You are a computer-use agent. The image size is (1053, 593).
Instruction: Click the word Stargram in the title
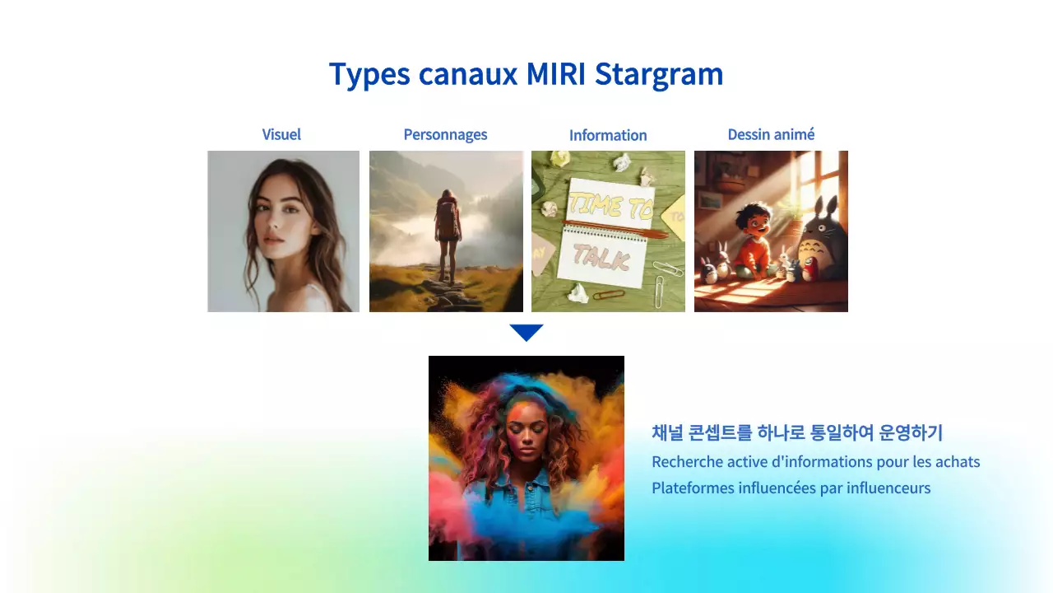point(659,75)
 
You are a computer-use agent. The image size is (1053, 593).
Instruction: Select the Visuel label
point(281,134)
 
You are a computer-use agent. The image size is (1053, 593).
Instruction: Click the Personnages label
point(445,134)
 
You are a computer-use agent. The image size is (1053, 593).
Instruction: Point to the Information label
point(608,135)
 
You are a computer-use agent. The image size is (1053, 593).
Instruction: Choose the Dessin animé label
point(771,134)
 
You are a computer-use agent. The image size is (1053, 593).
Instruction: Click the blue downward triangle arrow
point(526,333)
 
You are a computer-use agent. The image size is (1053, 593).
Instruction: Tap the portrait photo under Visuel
point(283,231)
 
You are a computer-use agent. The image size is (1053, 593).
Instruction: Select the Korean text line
point(796,432)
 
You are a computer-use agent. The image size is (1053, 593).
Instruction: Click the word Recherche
point(687,461)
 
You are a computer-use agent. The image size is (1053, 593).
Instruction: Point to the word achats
point(957,461)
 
